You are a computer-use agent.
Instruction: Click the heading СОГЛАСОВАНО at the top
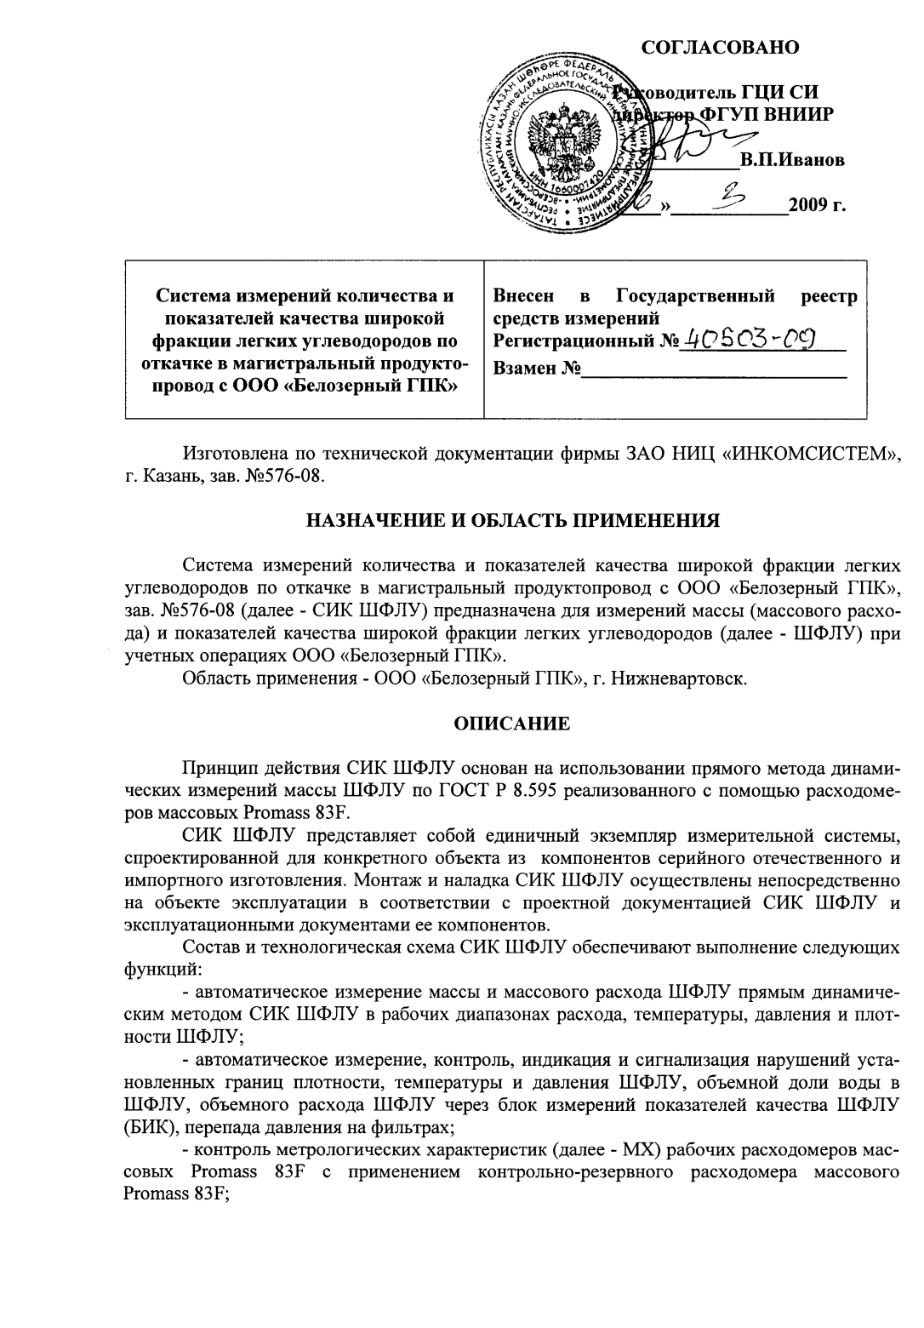(x=720, y=47)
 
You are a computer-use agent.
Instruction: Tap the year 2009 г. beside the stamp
(x=817, y=205)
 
